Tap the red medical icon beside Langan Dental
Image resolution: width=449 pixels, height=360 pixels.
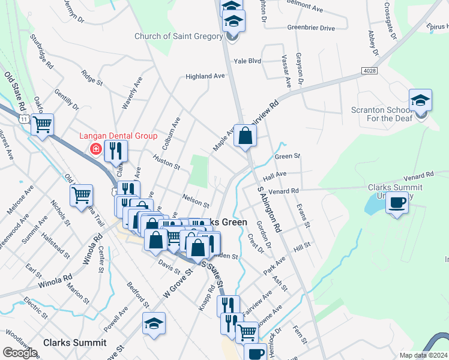[x=95, y=148]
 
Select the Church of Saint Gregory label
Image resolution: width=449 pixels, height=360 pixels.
[x=178, y=37]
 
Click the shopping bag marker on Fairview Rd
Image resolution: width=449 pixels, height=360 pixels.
[x=246, y=136]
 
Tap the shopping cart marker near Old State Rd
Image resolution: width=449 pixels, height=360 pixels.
[x=42, y=125]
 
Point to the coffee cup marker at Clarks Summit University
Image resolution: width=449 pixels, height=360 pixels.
[x=397, y=203]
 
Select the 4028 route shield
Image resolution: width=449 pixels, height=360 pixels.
[x=370, y=71]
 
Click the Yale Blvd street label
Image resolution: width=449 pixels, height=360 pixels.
[x=247, y=61]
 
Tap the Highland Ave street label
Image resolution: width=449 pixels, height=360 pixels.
[x=205, y=76]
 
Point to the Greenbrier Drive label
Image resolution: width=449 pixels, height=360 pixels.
[x=311, y=28]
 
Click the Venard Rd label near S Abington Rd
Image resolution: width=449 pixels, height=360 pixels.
[x=283, y=191]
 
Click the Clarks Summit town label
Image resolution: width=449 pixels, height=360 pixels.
[x=75, y=343]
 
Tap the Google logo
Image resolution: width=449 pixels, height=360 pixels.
[x=20, y=352]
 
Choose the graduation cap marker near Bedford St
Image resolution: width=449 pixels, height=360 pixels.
[x=154, y=324]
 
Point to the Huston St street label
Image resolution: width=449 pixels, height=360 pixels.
[x=166, y=162]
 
